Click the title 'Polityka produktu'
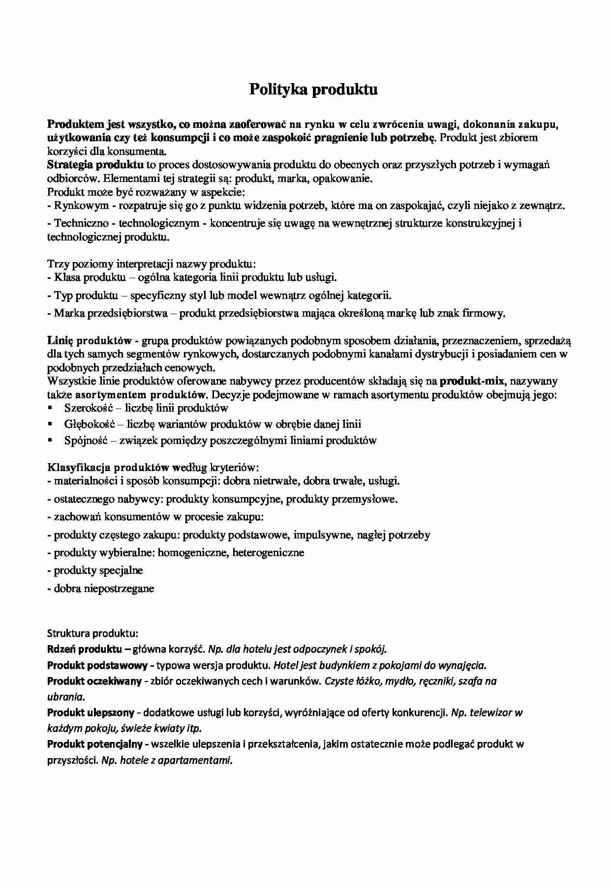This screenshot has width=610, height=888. [313, 89]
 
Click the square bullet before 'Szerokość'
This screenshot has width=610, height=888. [50, 408]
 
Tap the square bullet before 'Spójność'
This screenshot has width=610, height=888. [50, 440]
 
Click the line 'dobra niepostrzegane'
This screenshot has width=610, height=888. [104, 588]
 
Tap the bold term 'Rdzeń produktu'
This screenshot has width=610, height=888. [85, 649]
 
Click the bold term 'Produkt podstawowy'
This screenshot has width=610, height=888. [97, 666]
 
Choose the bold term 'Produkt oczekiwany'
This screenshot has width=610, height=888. [94, 681]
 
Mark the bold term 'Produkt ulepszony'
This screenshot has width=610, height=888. [91, 712]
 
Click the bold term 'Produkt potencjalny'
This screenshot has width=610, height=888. [95, 744]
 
